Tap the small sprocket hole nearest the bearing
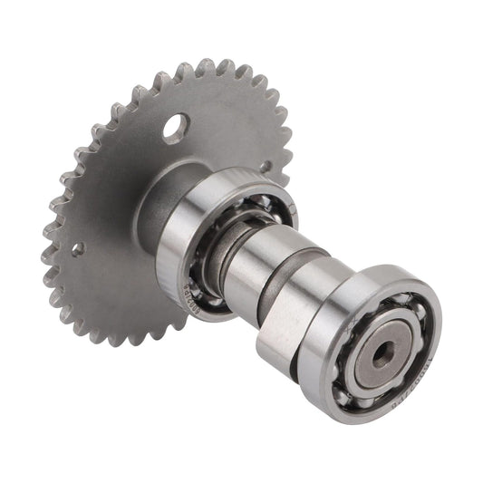266,167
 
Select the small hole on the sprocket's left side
78,247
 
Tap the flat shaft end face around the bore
367,359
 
